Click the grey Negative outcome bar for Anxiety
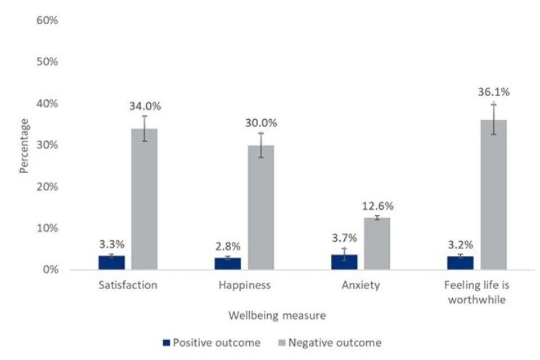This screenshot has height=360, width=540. pyautogui.click(x=377, y=243)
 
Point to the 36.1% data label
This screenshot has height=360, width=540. pyautogui.click(x=493, y=92)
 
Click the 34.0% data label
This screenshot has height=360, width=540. pyautogui.click(x=145, y=105)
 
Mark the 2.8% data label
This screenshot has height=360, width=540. pyautogui.click(x=228, y=246)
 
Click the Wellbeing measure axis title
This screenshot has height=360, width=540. pyautogui.click(x=277, y=316)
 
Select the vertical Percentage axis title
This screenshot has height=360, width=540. pyautogui.click(x=24, y=145)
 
